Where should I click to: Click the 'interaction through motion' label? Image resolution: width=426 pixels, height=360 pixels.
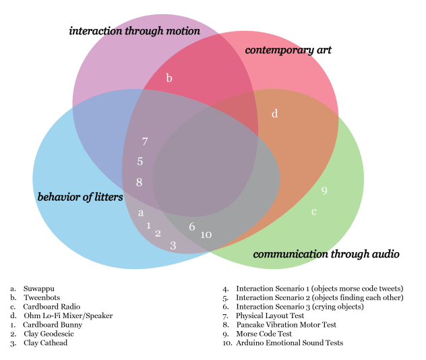tap(134, 31)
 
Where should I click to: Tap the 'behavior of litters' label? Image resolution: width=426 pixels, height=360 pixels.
tap(80, 197)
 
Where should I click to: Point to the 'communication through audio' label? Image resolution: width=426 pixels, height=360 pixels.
tap(326, 254)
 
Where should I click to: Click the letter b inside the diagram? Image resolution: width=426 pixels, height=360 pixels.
tap(169, 79)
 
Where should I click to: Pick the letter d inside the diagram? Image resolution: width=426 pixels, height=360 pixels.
tap(274, 114)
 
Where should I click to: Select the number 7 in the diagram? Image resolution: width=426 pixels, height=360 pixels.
tap(144, 142)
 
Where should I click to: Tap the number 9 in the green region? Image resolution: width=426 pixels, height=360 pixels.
tap(324, 191)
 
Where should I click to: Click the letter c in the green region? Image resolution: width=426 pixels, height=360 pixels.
tap(313, 212)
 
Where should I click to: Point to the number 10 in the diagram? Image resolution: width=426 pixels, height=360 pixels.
tap(206, 234)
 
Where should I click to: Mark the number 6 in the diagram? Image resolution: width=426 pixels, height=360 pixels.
tap(192, 227)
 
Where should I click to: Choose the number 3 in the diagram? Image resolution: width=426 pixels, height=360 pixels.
tap(173, 245)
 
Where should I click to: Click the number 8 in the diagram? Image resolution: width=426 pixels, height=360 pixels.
tap(139, 182)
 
